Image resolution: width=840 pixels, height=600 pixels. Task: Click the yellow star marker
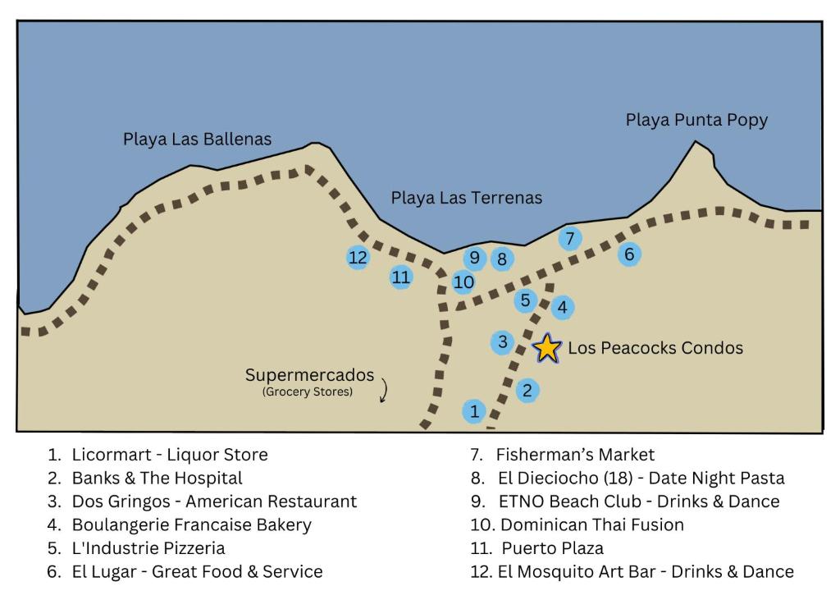click(x=547, y=348)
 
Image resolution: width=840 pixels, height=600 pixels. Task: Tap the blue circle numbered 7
click(x=570, y=238)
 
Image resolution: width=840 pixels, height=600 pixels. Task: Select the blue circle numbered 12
click(x=358, y=258)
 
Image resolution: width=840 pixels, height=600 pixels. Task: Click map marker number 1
click(x=474, y=411)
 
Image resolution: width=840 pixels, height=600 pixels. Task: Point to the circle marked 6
click(x=629, y=254)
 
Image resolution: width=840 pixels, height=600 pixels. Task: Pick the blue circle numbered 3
click(x=503, y=341)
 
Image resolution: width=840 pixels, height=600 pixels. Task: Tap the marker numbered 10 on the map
click(x=463, y=282)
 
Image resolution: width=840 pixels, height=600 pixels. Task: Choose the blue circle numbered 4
click(x=562, y=307)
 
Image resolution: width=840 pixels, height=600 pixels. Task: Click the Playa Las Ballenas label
click(x=197, y=140)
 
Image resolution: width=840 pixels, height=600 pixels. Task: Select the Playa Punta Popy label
click(x=696, y=120)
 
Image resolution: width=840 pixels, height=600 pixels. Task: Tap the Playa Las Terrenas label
click(x=466, y=198)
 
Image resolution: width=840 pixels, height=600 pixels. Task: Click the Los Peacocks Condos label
click(x=655, y=348)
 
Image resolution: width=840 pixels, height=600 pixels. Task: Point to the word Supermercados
click(x=309, y=375)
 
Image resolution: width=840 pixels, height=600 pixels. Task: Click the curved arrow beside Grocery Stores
click(x=384, y=390)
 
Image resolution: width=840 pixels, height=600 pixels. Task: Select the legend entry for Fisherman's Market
click(x=562, y=455)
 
